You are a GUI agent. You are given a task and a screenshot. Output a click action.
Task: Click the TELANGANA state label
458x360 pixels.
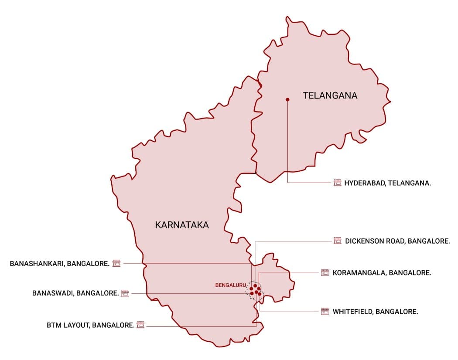(330, 95)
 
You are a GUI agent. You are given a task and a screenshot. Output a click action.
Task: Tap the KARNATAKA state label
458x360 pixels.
(182, 225)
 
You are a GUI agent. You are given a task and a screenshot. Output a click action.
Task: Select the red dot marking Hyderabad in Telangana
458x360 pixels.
(287, 100)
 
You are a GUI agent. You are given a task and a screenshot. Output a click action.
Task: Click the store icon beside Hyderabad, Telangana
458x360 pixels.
(337, 183)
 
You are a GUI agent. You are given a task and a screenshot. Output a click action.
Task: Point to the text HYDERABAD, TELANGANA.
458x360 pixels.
(387, 183)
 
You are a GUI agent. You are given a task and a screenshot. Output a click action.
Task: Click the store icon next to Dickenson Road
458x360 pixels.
(337, 241)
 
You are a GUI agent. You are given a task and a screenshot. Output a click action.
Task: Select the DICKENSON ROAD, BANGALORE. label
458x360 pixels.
(397, 241)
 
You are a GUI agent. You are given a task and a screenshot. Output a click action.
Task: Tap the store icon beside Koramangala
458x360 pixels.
(325, 273)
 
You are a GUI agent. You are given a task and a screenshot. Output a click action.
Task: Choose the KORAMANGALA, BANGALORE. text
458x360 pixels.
(382, 273)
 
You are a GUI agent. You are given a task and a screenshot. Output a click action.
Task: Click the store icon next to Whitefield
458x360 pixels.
(325, 312)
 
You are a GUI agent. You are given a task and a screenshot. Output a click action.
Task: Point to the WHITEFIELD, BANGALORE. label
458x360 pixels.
(375, 312)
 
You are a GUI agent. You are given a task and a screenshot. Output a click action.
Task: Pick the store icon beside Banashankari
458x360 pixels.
(116, 263)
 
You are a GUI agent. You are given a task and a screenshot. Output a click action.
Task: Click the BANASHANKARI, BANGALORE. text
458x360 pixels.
(59, 263)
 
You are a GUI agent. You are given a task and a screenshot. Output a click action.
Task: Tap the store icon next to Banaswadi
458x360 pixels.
(125, 293)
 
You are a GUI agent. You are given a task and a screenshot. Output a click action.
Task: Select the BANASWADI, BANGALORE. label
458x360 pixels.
(75, 293)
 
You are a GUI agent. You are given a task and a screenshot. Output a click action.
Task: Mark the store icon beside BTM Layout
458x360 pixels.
(140, 325)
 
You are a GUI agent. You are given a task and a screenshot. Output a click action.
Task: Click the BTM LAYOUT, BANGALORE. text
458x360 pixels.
(90, 325)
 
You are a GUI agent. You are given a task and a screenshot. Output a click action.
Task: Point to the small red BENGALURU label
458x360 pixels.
(231, 285)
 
